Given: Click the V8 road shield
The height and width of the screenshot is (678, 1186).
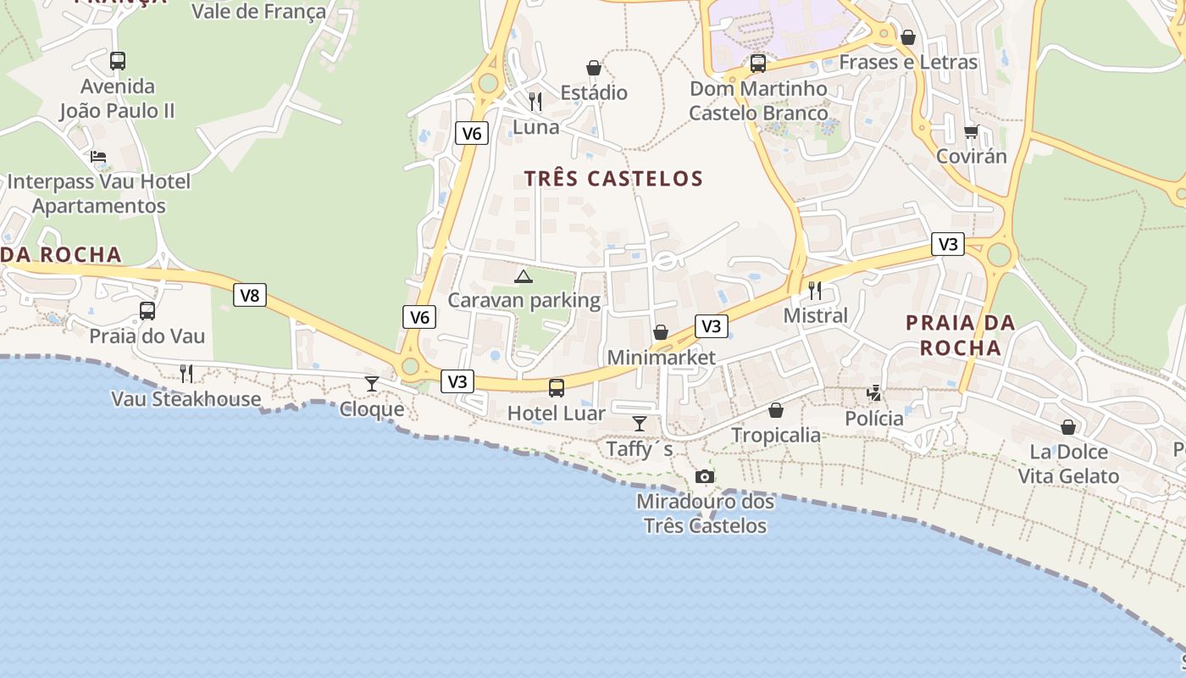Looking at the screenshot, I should click(250, 295).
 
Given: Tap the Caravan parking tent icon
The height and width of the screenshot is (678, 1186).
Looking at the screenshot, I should click(524, 275).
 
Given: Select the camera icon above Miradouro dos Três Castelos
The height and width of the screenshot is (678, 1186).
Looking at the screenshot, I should click(704, 477).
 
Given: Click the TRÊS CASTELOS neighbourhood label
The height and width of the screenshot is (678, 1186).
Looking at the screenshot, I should click(613, 179).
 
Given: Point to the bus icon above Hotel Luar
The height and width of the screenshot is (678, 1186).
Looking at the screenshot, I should click(557, 388).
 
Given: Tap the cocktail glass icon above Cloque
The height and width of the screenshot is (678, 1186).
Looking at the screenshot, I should click(372, 384).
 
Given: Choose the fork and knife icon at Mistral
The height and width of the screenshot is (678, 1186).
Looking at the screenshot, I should click(815, 291).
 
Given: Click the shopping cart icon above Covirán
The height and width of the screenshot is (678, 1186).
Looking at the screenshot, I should click(971, 131).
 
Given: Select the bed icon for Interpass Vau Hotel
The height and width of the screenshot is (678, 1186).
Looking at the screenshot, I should click(98, 157).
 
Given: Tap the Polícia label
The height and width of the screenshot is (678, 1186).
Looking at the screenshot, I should click(874, 419).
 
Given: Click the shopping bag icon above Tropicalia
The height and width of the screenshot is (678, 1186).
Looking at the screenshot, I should click(776, 410).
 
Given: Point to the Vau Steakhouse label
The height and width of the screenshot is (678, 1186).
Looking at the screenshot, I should click(186, 399).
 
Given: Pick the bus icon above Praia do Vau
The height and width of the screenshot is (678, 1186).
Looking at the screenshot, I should click(147, 311).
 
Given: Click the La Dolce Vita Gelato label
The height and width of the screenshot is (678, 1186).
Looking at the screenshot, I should click(1068, 464).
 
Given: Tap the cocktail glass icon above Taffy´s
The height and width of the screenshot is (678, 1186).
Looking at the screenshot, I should click(640, 423).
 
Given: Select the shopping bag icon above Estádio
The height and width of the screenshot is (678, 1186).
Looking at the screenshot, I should click(594, 68).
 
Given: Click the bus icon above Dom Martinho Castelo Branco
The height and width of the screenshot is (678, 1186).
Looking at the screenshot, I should click(758, 64).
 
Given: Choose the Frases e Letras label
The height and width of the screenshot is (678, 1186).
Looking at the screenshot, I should click(908, 62).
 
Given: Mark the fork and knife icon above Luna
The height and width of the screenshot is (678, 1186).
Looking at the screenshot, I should click(535, 102).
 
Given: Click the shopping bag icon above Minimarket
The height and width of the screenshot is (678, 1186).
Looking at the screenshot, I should click(661, 332).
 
